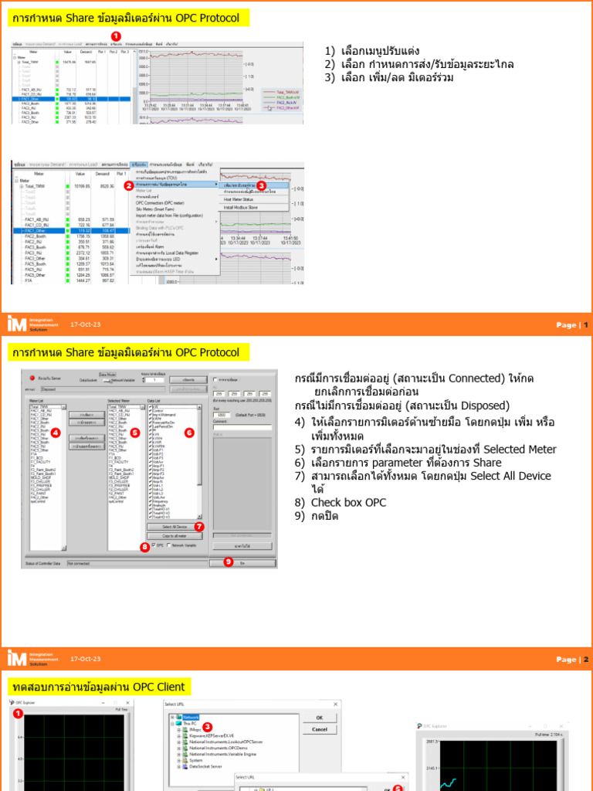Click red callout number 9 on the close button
229,562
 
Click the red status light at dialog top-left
32,379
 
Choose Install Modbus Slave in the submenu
242,207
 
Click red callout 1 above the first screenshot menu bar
116,36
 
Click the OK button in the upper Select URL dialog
320,717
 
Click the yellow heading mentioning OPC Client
100,687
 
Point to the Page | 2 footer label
572,660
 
